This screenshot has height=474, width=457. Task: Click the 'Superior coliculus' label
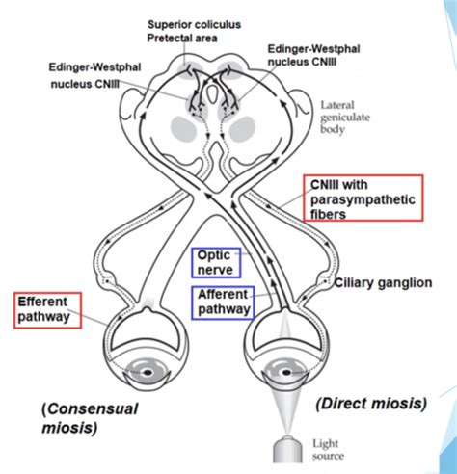[194, 25]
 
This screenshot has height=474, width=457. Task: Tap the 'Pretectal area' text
[182, 39]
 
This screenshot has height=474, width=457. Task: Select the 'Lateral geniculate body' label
[345, 118]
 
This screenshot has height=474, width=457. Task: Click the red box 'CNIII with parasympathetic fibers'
[363, 198]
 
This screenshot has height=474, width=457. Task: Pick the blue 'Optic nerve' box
[216, 263]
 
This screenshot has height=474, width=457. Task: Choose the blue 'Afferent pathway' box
[223, 303]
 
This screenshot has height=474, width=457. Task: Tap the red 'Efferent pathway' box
[47, 310]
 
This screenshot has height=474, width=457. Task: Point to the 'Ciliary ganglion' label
[383, 283]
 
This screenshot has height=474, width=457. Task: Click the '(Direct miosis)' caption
[371, 404]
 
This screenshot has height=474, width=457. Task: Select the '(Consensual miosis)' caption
[90, 418]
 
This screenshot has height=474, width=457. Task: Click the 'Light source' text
[328, 450]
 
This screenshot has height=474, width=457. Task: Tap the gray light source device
[287, 449]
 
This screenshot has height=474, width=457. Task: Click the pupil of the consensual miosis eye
[148, 373]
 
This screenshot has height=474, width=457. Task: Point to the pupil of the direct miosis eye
[286, 373]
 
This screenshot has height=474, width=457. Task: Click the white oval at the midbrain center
[212, 92]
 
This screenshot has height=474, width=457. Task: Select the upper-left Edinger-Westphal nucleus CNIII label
[94, 75]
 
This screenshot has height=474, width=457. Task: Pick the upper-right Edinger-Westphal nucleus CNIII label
[313, 55]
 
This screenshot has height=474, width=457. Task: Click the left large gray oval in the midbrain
[183, 129]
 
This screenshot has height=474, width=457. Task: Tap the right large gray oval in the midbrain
[242, 129]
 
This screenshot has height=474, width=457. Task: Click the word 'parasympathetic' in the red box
[363, 199]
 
